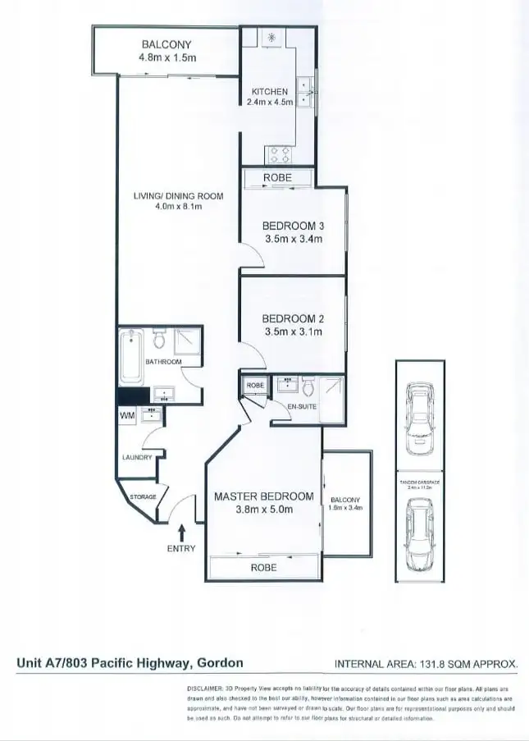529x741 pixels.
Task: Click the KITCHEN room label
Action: (x=269, y=91)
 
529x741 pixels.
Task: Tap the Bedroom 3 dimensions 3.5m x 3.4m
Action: (x=292, y=240)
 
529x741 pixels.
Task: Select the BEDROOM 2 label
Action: (x=292, y=318)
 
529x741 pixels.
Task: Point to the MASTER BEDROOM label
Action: (x=263, y=496)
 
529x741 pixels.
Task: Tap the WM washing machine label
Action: (x=127, y=418)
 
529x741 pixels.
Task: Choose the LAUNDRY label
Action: (x=136, y=458)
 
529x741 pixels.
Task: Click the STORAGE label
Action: (x=143, y=497)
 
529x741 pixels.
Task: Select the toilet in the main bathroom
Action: (x=161, y=339)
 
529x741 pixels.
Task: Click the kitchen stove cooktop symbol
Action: (x=277, y=154)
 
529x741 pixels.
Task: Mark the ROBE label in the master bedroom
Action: (x=263, y=568)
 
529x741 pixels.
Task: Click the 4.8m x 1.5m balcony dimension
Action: (x=167, y=58)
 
